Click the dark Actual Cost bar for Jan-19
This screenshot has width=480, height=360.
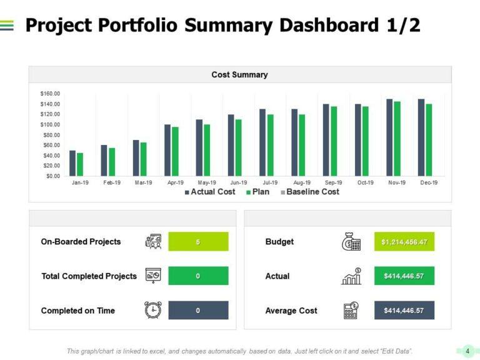pyautogui.click(x=72, y=163)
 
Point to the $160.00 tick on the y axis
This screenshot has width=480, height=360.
pyautogui.click(x=50, y=94)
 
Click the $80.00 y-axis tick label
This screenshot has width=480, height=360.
pyautogui.click(x=51, y=135)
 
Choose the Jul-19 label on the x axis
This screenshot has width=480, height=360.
pyautogui.click(x=271, y=182)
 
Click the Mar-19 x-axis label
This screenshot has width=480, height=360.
pyautogui.click(x=143, y=182)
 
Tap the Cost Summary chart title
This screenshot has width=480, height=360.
pyautogui.click(x=239, y=75)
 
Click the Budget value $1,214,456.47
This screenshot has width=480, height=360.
pyautogui.click(x=404, y=242)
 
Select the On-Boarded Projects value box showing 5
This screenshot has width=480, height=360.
pyautogui.click(x=198, y=242)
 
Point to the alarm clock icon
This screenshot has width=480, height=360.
pyautogui.click(x=153, y=310)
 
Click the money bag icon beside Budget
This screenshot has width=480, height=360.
pyautogui.click(x=351, y=242)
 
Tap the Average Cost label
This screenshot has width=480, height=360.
pyautogui.click(x=291, y=311)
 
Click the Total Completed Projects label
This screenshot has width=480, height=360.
pyautogui.click(x=89, y=276)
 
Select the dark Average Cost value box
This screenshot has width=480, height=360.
pyautogui.click(x=404, y=311)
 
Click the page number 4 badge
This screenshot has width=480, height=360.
pyautogui.click(x=467, y=351)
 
